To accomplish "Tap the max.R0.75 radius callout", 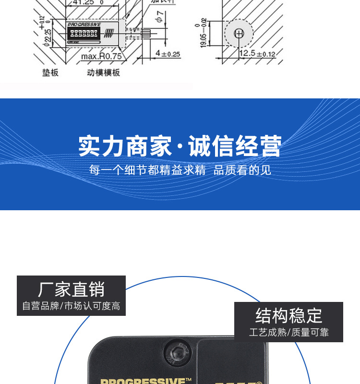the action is coord(101,56).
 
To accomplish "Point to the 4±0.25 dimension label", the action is coord(168,54).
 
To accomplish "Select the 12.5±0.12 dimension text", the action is coord(257,54).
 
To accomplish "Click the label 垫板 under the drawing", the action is coord(50,72).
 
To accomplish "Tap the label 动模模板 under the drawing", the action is coord(103,72).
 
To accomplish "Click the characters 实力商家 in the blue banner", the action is coord(125,146).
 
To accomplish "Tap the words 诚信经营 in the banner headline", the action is coord(235,146).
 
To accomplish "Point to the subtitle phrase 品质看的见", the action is coord(242,170).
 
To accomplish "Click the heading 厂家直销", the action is coord(71,289).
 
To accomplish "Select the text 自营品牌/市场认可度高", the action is coord(71,306).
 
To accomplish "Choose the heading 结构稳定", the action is coord(288,316).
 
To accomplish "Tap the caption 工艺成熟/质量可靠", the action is coord(288,332).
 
